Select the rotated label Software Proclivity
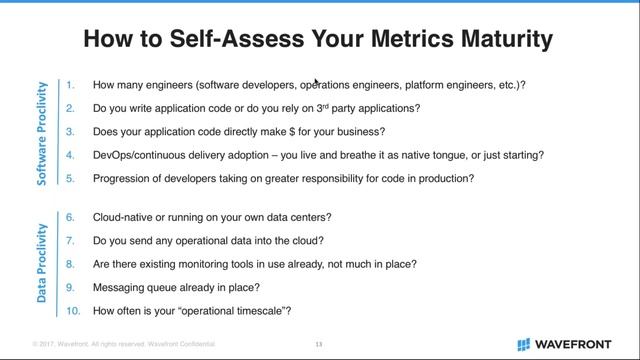click(x=42, y=131)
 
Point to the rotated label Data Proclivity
click(x=42, y=262)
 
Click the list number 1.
click(x=71, y=85)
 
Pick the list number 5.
click(x=71, y=178)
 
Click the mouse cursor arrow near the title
click(x=317, y=82)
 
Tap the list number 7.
click(x=71, y=240)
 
